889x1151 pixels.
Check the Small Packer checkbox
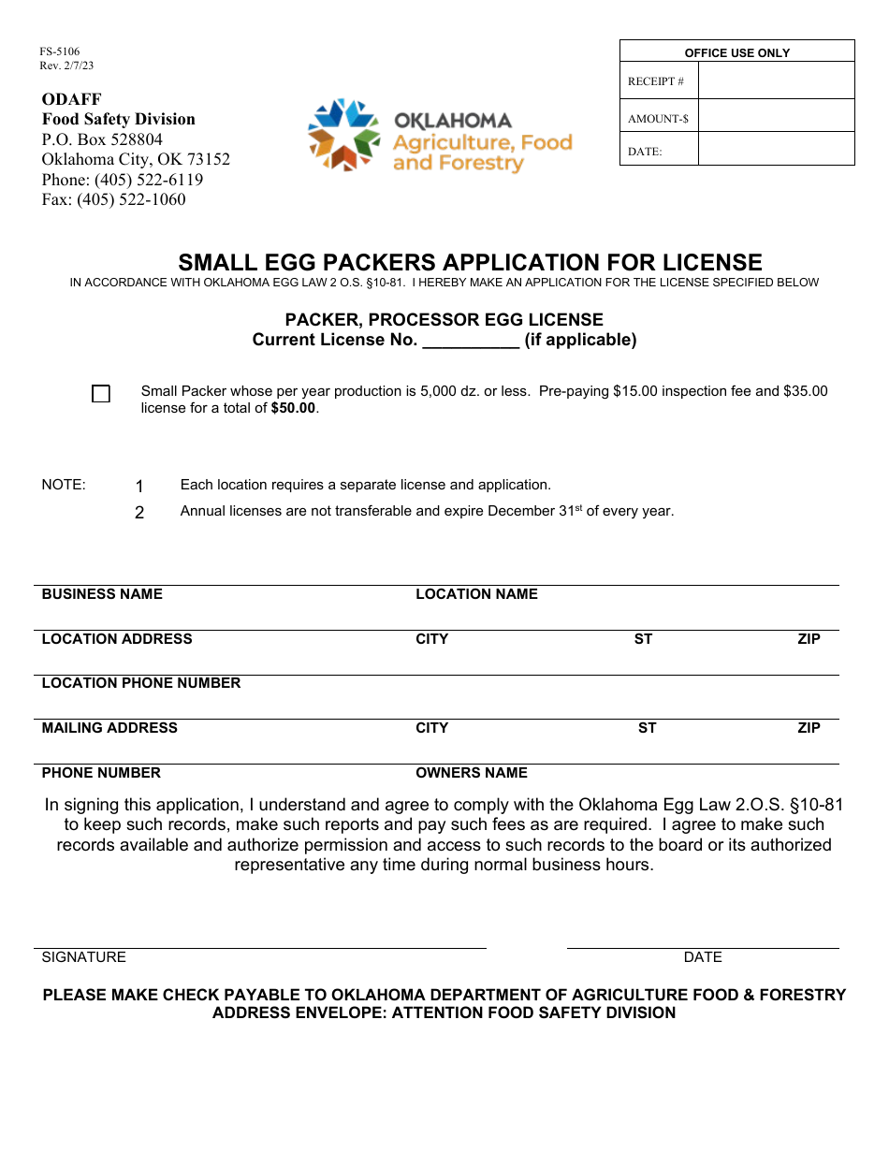(101, 394)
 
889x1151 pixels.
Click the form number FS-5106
(59, 52)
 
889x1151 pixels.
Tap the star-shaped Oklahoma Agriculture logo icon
(343, 135)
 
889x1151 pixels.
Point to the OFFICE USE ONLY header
(737, 52)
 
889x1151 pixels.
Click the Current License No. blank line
(471, 341)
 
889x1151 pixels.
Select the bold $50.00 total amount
(293, 408)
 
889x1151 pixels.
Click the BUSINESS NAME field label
(102, 594)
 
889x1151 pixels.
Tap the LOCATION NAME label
(476, 594)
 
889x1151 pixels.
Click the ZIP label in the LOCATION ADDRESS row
(809, 639)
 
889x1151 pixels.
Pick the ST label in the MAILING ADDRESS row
(647, 728)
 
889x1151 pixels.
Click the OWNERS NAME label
(472, 773)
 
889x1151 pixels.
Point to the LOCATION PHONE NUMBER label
(141, 683)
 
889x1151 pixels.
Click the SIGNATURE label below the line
(83, 957)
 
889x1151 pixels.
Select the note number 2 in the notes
(139, 513)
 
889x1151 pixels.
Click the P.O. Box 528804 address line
(102, 139)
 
